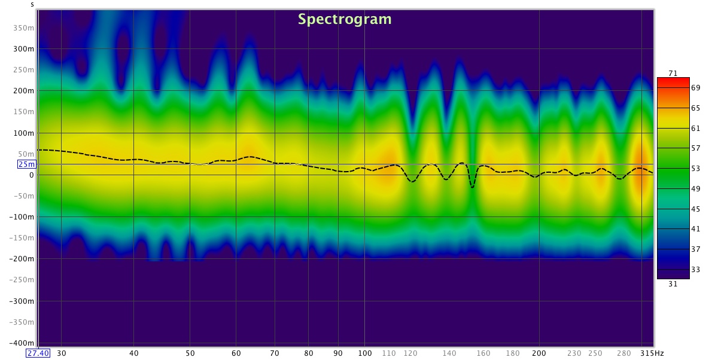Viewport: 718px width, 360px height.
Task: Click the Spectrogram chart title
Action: point(345,19)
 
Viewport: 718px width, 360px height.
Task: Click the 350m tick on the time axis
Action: point(23,28)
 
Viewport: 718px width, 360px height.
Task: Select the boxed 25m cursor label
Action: point(27,164)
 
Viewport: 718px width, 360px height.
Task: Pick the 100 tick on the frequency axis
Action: point(364,353)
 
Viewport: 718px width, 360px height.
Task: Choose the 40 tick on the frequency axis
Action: point(134,353)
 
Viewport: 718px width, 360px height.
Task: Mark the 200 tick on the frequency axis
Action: point(539,353)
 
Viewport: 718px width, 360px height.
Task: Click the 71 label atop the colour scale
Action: point(673,73)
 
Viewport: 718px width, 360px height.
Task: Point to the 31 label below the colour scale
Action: point(673,284)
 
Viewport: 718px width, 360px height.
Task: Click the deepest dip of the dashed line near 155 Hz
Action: point(472,187)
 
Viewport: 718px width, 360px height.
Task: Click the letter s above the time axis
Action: point(32,4)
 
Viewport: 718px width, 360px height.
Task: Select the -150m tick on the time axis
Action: point(22,238)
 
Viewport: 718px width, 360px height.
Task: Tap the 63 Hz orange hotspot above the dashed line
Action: point(248,150)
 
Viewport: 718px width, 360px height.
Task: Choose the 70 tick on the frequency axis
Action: point(275,353)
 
